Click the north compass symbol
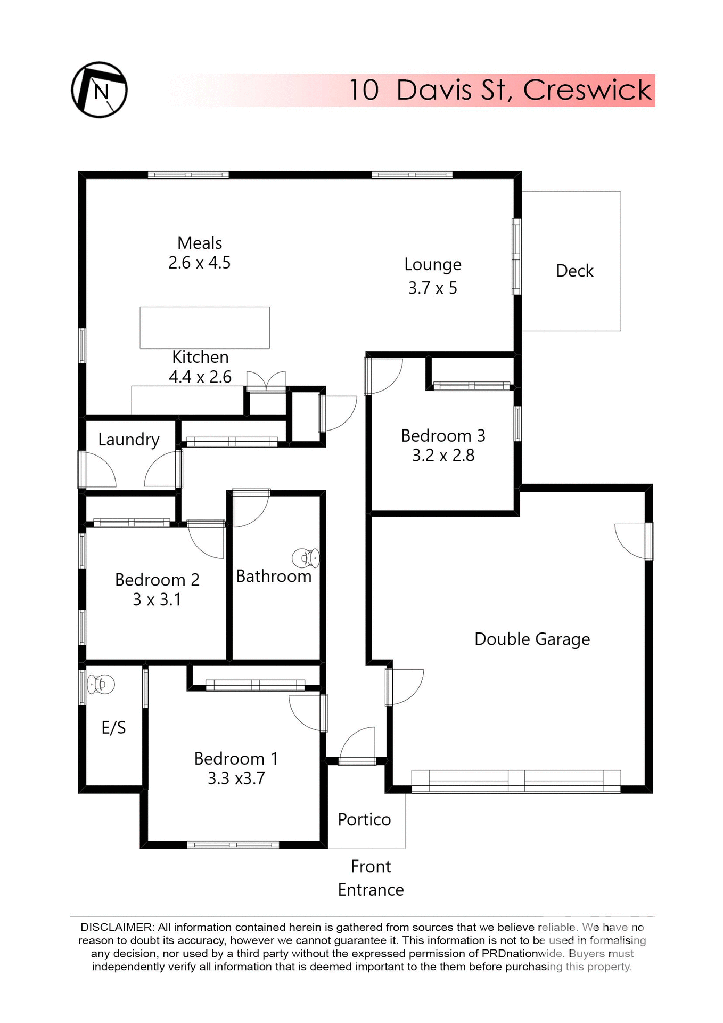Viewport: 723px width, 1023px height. coord(99,90)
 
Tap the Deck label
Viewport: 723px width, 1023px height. coord(574,271)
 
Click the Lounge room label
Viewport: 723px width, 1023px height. coord(432,264)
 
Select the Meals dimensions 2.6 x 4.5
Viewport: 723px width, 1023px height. coord(199,263)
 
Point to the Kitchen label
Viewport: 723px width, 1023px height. coord(200,357)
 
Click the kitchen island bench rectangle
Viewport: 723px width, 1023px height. coord(204,328)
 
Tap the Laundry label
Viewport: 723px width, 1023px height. coord(129,440)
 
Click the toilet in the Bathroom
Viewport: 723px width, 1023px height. coord(306,558)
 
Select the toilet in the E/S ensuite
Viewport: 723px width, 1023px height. coord(101,684)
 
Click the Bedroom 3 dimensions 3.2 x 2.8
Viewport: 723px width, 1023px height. coord(443,456)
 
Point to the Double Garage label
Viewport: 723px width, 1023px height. coord(532,639)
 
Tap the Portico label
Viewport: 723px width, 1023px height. coord(364,819)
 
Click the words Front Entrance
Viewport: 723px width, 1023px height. coord(371,878)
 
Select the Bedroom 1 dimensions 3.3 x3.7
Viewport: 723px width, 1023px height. coord(236,778)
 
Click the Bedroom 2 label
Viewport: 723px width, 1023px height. coord(157,580)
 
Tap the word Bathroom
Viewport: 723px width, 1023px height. coord(274,576)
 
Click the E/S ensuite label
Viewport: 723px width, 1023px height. coord(113,727)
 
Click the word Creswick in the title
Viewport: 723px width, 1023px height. coord(587,90)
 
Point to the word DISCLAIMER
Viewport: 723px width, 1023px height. coord(117,928)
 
